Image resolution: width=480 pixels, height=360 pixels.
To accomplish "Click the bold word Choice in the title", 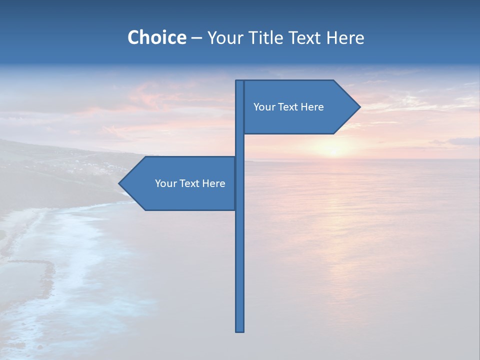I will point(156,37).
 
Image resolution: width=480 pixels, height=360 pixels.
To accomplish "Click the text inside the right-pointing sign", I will point(288,107).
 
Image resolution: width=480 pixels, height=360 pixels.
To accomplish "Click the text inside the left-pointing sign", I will point(190,183).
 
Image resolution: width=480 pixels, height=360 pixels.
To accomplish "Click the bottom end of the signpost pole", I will point(239,330).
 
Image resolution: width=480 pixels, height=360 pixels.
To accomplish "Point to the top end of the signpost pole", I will point(239,81).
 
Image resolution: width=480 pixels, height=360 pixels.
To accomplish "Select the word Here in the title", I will point(345,37).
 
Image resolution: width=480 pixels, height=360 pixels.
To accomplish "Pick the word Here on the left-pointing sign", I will point(214,183).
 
